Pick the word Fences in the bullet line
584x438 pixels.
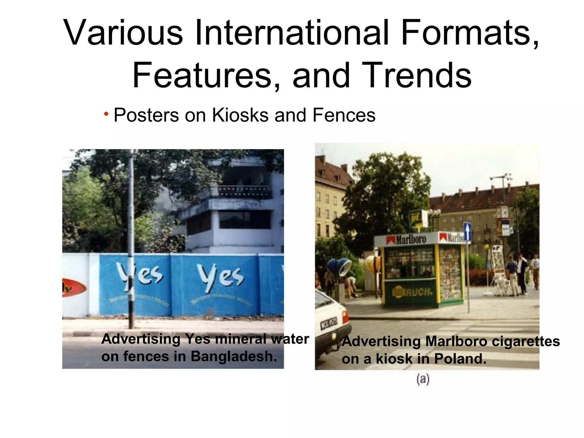[344, 115]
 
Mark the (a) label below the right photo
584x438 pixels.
[423, 380]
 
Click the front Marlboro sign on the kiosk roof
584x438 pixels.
[406, 240]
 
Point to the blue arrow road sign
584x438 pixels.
[467, 231]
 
